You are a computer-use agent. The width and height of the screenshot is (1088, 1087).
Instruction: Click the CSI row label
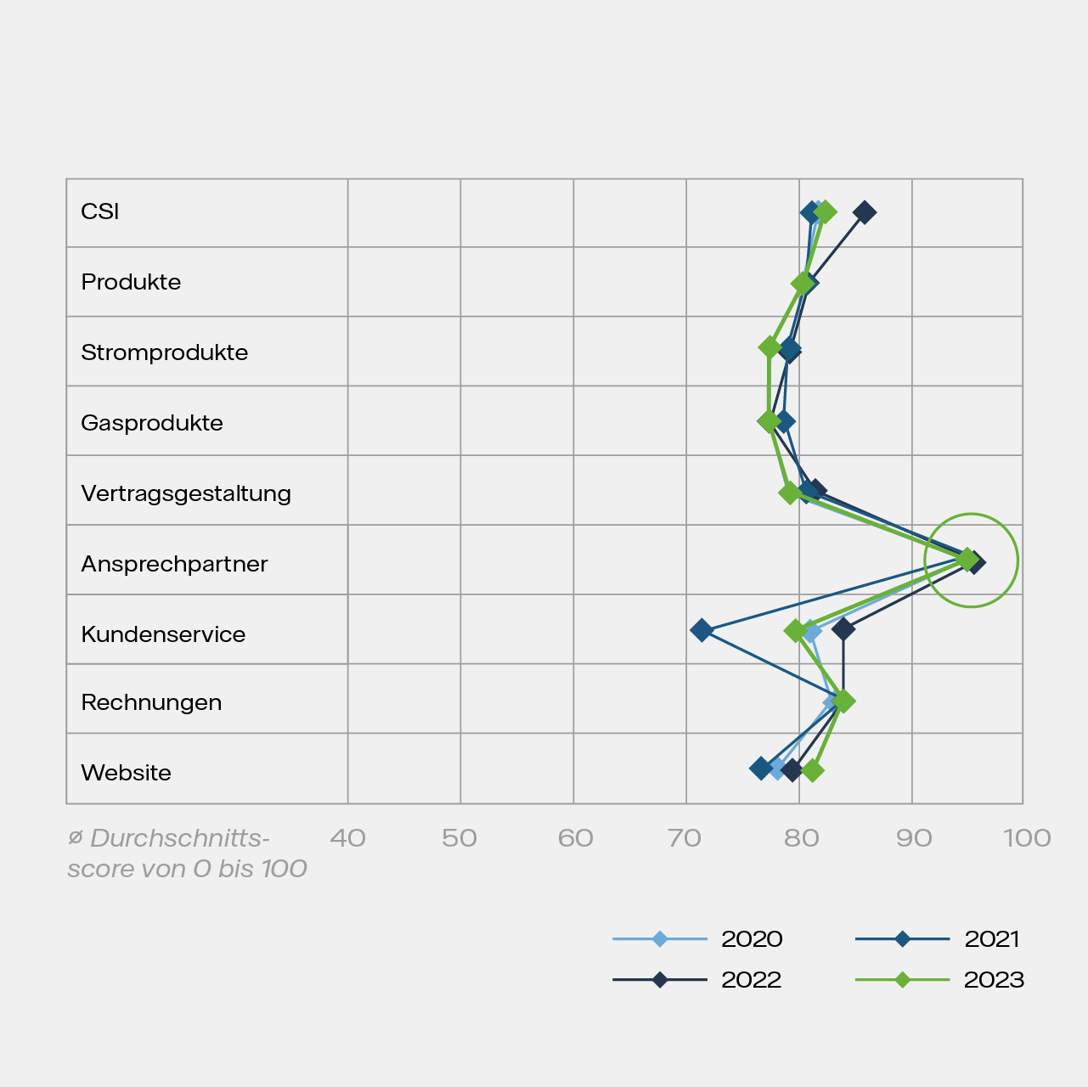pos(99,211)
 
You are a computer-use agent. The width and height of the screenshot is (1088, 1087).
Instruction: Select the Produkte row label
pos(131,282)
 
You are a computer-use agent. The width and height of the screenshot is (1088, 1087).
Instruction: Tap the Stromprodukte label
pos(164,352)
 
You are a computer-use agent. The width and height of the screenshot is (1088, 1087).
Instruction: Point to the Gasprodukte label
pos(151,423)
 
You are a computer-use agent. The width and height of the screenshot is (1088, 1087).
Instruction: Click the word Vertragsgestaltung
pos(185,493)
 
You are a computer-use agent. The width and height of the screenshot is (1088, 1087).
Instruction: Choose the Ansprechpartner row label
pos(174,564)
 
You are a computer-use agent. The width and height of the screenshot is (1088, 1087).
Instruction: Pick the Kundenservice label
pos(163,634)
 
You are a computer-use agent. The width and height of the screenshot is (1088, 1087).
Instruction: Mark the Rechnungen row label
pos(151,702)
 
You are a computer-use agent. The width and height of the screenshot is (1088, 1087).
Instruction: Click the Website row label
pos(126,773)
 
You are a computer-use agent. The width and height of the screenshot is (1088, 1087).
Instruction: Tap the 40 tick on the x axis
pos(347,838)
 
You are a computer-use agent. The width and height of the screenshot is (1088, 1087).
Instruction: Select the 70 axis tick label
pos(685,838)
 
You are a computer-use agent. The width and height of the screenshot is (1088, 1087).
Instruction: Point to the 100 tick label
pos(1027,838)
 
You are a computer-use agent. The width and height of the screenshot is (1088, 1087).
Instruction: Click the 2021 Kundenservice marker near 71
pos(702,630)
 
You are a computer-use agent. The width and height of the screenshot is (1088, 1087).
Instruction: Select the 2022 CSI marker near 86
pos(865,212)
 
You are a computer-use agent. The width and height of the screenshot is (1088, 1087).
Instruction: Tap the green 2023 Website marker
pos(813,771)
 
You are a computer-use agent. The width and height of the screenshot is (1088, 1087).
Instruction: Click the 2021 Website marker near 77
pos(761,768)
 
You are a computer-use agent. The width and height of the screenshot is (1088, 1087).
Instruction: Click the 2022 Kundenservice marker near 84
pos(843,629)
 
